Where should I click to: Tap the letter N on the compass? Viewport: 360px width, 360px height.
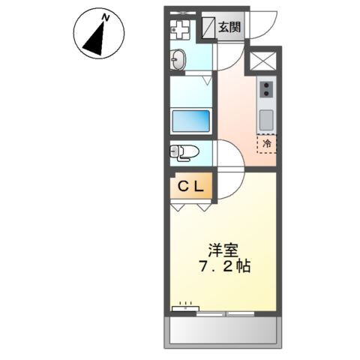point(106,16)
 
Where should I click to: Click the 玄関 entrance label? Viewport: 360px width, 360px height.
point(229,28)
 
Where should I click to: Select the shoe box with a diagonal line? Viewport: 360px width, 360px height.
point(208,28)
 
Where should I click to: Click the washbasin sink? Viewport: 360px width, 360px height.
point(178,60)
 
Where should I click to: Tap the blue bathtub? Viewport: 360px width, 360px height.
point(192,121)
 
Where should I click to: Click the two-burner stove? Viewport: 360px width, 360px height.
point(267,89)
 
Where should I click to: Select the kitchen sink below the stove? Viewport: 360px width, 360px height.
point(267,118)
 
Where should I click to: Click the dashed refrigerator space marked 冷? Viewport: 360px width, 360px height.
point(267,142)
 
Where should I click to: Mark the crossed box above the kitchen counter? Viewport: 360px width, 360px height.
point(266,61)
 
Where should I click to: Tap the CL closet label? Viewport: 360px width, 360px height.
point(191,187)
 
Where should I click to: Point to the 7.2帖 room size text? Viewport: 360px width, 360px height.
point(224,267)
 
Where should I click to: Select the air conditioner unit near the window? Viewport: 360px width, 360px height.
point(184,306)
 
